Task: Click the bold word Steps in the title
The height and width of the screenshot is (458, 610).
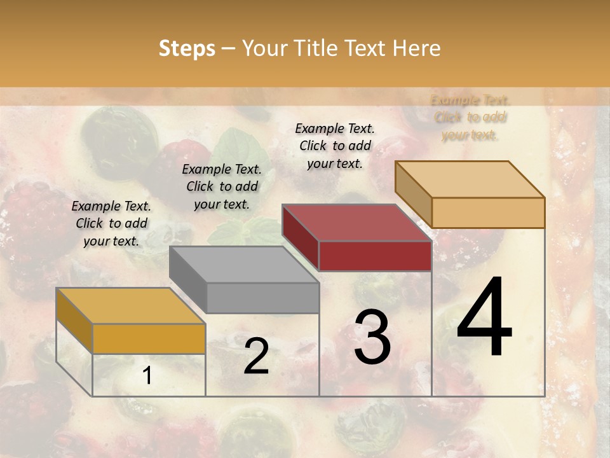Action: pyautogui.click(x=187, y=48)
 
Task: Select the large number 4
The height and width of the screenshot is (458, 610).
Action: pyautogui.click(x=484, y=318)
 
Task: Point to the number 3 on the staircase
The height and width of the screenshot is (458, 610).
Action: pyautogui.click(x=372, y=337)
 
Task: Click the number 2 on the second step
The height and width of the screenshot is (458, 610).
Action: pyautogui.click(x=256, y=356)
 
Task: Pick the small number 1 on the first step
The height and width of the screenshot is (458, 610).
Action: pyautogui.click(x=147, y=376)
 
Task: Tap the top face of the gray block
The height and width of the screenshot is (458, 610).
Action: pyautogui.click(x=244, y=265)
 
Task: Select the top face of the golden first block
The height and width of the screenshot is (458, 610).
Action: pyautogui.click(x=131, y=306)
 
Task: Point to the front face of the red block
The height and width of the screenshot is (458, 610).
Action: pyautogui.click(x=375, y=256)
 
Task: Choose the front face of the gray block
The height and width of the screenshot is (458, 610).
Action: pyautogui.click(x=262, y=298)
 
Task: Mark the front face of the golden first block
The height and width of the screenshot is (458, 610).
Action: pyautogui.click(x=149, y=338)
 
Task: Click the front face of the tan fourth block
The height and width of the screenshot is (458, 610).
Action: pyautogui.click(x=488, y=212)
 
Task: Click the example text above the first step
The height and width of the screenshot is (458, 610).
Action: pyautogui.click(x=111, y=223)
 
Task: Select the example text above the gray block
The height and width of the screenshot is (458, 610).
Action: pyautogui.click(x=222, y=186)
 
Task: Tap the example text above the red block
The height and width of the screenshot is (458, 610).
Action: pyautogui.click(x=335, y=146)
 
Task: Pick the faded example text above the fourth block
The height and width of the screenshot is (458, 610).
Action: pyautogui.click(x=470, y=117)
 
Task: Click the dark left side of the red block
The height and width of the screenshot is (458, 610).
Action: pyautogui.click(x=300, y=239)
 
